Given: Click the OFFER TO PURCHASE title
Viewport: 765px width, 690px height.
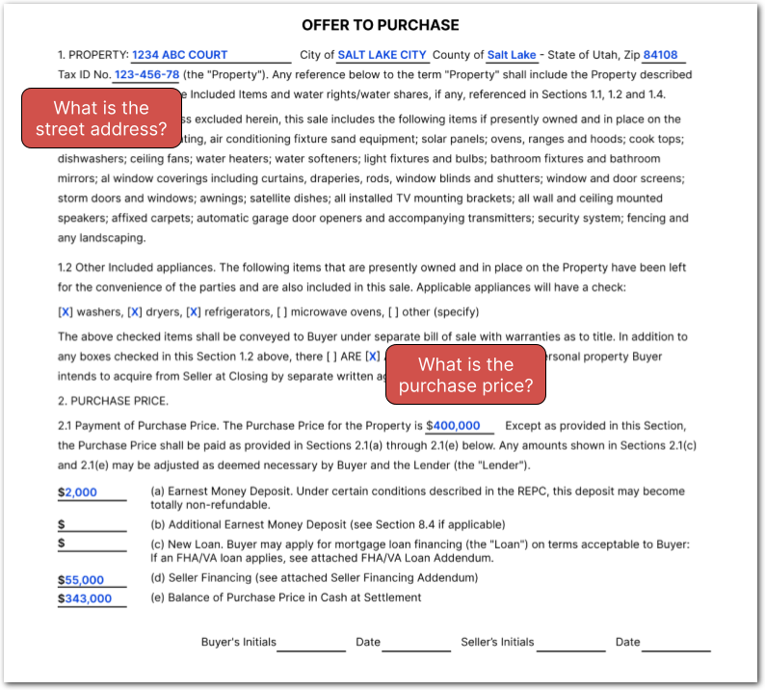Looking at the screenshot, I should [x=381, y=25].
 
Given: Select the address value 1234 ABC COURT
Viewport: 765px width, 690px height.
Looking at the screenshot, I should [x=180, y=55].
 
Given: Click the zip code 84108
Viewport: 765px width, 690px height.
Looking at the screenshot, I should [x=660, y=55].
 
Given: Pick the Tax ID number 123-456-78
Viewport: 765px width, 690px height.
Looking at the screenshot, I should [x=146, y=74].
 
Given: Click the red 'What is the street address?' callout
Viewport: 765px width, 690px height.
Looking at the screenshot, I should [x=101, y=118].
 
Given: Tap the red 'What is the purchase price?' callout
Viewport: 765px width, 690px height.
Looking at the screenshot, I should [x=466, y=375].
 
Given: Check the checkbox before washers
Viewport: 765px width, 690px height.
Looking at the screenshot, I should [x=66, y=311].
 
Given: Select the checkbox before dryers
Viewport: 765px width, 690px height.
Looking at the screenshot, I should [x=135, y=311].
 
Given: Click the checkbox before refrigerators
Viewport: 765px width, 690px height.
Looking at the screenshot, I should [x=194, y=311].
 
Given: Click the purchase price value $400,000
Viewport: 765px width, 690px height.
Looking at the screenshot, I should [x=453, y=425].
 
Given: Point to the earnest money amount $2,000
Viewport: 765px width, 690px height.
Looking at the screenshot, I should [x=78, y=491].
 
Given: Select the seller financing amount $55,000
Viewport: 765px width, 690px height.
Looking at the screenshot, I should [x=82, y=580].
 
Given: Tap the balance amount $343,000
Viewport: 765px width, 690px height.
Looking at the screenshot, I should [x=85, y=598].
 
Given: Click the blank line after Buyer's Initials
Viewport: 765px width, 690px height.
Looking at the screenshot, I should [x=311, y=644].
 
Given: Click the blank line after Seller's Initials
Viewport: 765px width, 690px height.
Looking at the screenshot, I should [x=570, y=644].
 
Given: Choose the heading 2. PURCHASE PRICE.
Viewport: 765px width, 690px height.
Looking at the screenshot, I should [x=113, y=400].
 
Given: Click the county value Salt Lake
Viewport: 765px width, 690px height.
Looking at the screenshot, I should [x=512, y=55].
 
